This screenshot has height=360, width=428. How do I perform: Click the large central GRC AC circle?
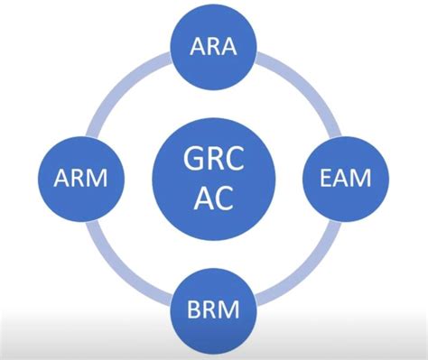[209, 178]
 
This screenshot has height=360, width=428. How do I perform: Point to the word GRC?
[209, 160]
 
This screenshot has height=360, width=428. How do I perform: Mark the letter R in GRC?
[209, 160]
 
